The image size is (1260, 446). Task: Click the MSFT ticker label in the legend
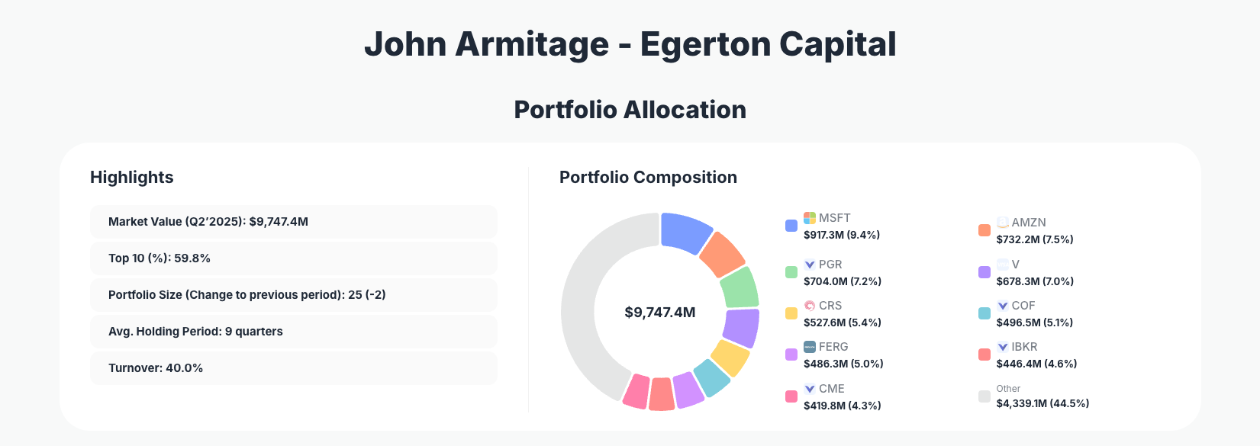[x=834, y=218]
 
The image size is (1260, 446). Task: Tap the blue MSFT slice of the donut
[x=685, y=232]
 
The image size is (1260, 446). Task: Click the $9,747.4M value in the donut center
[x=659, y=313]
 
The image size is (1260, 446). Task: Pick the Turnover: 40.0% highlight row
[x=293, y=368]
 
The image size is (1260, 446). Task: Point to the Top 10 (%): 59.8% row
[x=293, y=258]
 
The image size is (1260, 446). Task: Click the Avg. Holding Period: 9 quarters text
[x=195, y=332]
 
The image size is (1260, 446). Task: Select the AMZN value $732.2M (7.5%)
[x=1034, y=239]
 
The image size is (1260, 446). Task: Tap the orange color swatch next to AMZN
[x=984, y=230]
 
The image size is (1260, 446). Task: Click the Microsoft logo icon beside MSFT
[x=810, y=218]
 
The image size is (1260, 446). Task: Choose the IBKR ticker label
[x=1024, y=347]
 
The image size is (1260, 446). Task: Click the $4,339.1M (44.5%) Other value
[x=1042, y=403]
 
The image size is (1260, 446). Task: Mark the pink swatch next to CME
[x=791, y=396]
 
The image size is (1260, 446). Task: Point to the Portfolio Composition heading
[x=648, y=178]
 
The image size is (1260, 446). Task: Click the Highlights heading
[x=132, y=178]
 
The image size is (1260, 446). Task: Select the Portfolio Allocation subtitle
[x=630, y=110]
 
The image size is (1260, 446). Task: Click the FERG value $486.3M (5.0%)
[x=843, y=364]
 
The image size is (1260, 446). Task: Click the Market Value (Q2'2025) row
[x=293, y=222]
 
